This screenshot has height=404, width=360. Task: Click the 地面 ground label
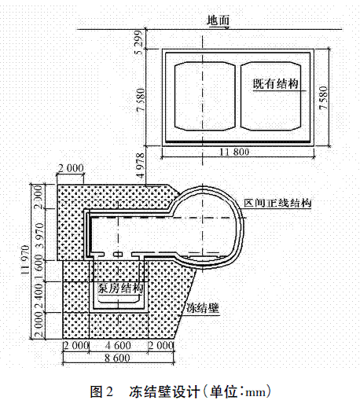[x=218, y=20]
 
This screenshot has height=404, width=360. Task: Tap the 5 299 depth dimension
[x=139, y=42]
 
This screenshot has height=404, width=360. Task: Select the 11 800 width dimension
[x=234, y=152]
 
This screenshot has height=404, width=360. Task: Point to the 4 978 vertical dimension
[x=141, y=166]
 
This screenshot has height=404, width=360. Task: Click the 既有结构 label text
[x=275, y=84]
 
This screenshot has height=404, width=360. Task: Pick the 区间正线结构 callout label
[x=277, y=203]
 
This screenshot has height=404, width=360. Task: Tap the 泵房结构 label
[x=120, y=288]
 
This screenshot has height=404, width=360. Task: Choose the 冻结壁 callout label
[x=202, y=308]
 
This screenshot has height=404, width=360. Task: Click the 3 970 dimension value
[x=39, y=236]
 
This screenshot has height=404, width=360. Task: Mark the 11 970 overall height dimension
[x=26, y=259]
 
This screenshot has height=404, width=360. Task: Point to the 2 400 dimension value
[x=39, y=296]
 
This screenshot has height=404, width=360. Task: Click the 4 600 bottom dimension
[x=118, y=345]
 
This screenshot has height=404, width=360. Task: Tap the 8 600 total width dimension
[x=117, y=358]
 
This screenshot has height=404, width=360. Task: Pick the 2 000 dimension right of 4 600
[x=160, y=345]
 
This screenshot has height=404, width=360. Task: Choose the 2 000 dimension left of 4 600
[x=76, y=345]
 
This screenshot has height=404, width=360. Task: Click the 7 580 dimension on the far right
[x=324, y=97]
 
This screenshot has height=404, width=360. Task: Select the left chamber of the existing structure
[x=205, y=96]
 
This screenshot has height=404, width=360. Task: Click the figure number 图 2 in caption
[x=101, y=392]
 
